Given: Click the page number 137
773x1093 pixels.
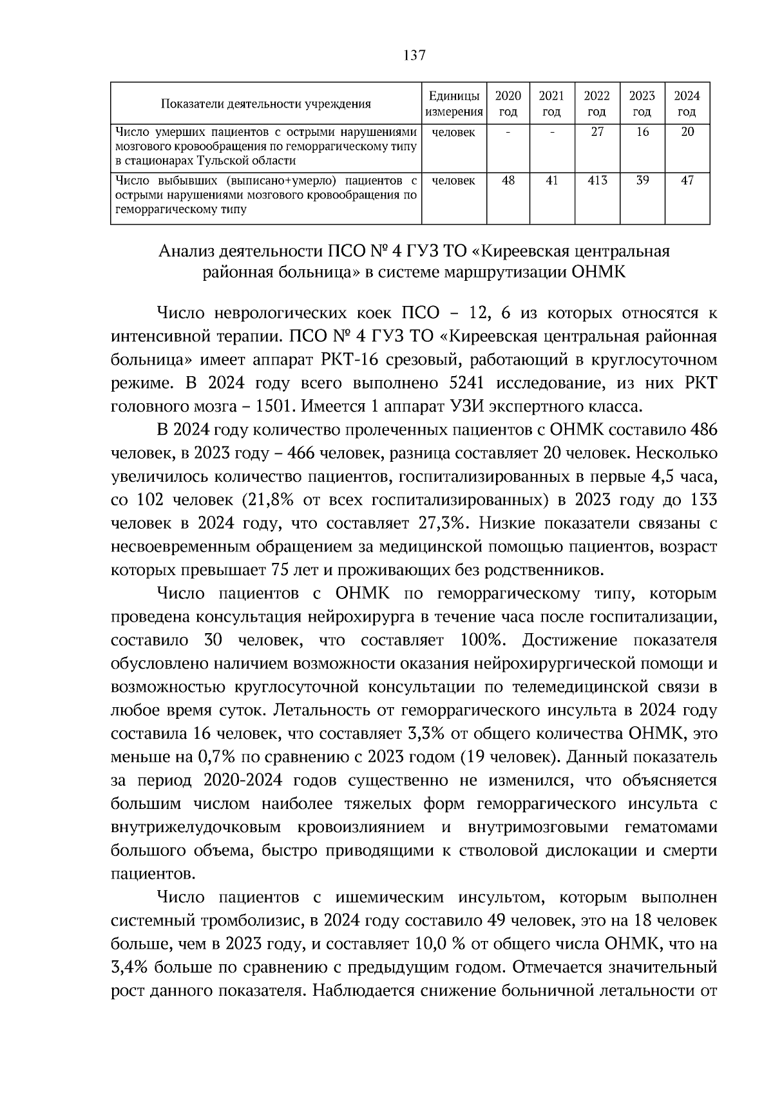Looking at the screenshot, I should point(414,55).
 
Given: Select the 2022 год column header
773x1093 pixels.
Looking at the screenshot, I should point(596,103).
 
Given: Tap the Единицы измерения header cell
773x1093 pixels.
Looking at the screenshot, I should point(454,103).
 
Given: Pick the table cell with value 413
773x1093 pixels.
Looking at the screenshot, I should point(596,181).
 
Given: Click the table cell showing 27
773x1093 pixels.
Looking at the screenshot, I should point(596,133).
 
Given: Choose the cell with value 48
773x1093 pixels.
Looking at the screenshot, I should point(508,181).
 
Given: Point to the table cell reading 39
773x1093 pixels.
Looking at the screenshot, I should point(642,181).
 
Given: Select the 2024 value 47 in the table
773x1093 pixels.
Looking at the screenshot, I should point(687,181).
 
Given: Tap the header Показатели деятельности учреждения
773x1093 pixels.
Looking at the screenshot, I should point(265,104).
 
